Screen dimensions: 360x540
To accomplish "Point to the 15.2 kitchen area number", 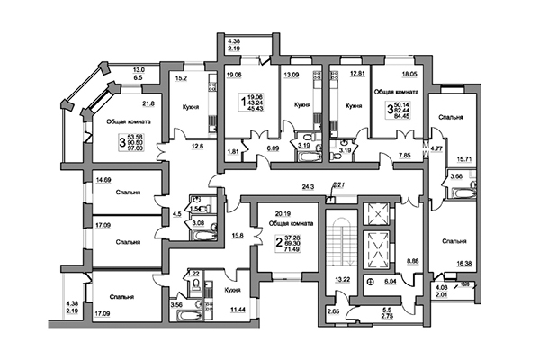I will [x=179, y=77].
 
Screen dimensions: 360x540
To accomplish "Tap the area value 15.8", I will [x=238, y=236].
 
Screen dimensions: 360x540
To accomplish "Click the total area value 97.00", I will [x=137, y=148].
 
